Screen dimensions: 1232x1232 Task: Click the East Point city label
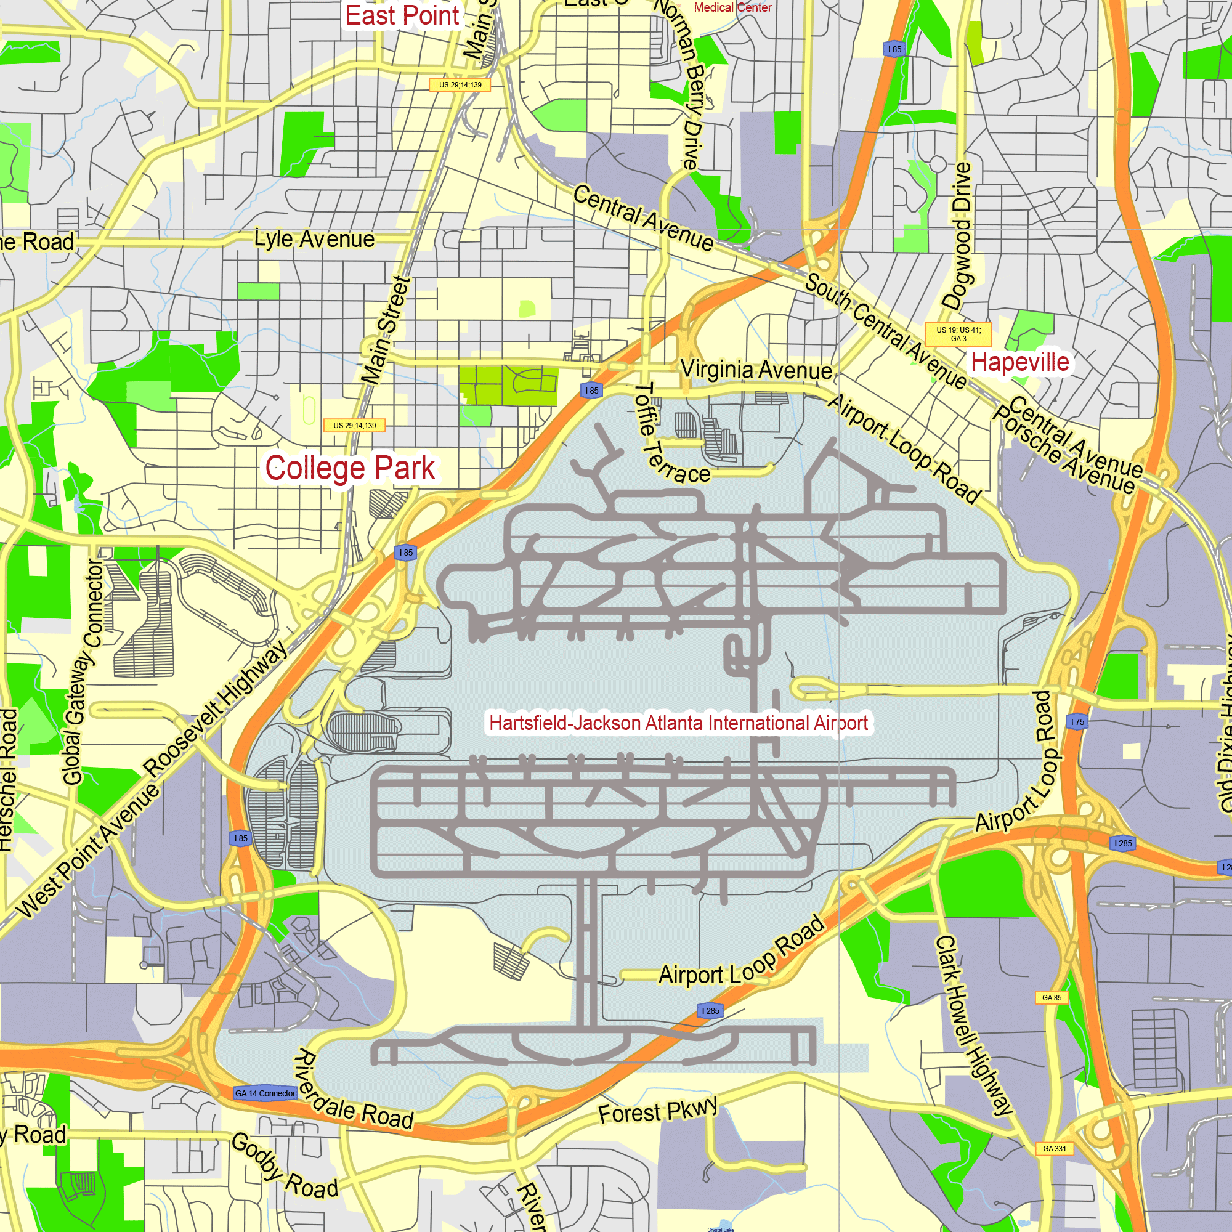(402, 16)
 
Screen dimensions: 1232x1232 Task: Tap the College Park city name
(350, 468)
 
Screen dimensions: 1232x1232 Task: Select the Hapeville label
(1019, 362)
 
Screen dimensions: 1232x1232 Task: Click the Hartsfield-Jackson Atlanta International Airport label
(678, 723)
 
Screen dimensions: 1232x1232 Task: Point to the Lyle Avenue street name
(314, 239)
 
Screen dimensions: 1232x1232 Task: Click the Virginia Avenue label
(756, 369)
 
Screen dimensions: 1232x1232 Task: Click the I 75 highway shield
(1077, 722)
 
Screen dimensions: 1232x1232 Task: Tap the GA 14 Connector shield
(265, 1093)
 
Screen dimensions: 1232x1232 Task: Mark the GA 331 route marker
(1054, 1148)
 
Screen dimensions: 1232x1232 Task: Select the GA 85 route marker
(1052, 997)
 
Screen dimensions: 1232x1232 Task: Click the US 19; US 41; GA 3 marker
(958, 334)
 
